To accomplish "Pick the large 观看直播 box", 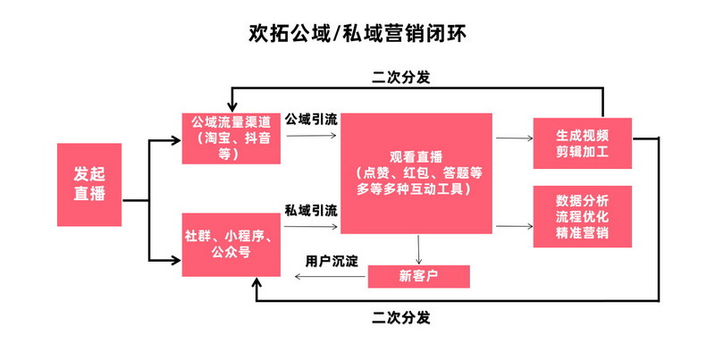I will pos(416,173).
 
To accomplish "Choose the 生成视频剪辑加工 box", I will pos(582,143).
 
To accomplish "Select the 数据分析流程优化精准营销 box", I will pos(582,217).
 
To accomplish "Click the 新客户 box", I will pos(418,276).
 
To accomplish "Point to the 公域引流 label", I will pos(311,118).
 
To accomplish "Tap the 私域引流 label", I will pos(311,211).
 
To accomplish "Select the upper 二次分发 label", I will pos(401,77).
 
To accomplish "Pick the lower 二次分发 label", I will pos(401,317).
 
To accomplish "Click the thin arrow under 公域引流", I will pos(311,137).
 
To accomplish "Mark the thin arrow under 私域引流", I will pos(311,229).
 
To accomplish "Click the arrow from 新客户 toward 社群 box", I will pos(331,277).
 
